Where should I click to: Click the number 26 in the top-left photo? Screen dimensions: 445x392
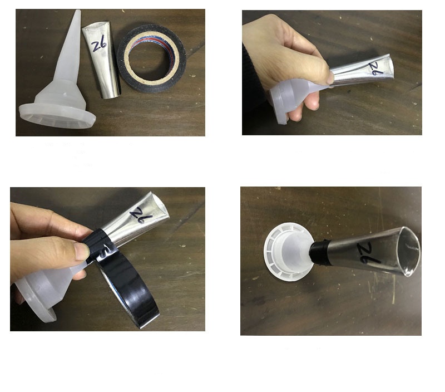pyautogui.click(x=99, y=43)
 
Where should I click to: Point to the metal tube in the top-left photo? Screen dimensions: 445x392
pyautogui.click(x=102, y=60)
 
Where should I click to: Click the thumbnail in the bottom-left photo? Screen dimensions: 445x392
pyautogui.click(x=83, y=251)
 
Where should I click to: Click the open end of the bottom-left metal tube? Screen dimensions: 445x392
pyautogui.click(x=160, y=205)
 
